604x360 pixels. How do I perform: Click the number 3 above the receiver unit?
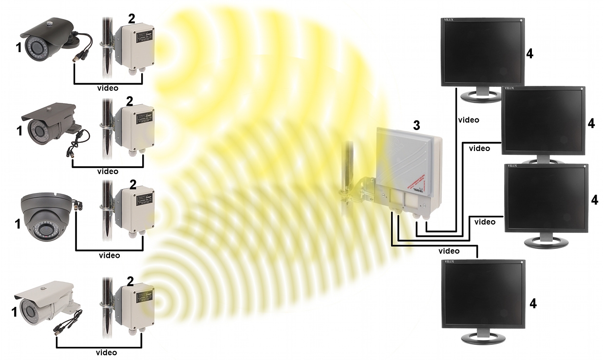click(x=416, y=125)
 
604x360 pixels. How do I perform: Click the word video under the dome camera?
click(x=109, y=255)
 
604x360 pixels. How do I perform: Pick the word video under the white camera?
click(x=106, y=353)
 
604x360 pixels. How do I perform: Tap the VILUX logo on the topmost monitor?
click(x=449, y=20)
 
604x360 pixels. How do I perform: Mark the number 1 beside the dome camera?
click(x=18, y=224)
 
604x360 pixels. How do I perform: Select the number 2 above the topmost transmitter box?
click(x=131, y=19)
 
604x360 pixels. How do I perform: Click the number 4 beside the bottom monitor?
click(x=533, y=303)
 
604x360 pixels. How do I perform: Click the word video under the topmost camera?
click(x=108, y=88)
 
